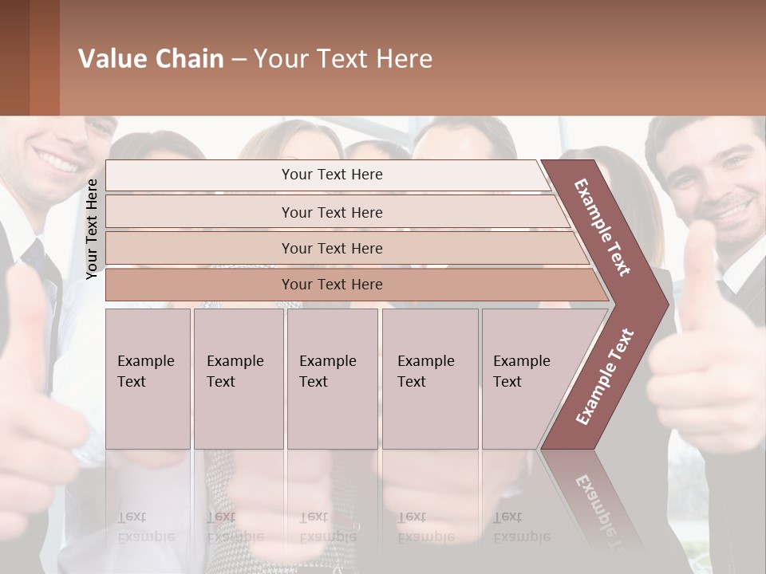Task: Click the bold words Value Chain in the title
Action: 151,59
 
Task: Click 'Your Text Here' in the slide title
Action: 343,59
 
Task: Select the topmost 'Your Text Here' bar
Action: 332,175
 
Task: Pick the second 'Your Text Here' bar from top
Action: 332,212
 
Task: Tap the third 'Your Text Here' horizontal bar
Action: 332,248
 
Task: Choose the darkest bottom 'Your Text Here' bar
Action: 332,285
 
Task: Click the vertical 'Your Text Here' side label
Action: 92,229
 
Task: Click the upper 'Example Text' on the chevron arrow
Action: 602,227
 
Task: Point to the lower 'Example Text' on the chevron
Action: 604,377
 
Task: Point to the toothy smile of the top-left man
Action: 57,161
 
